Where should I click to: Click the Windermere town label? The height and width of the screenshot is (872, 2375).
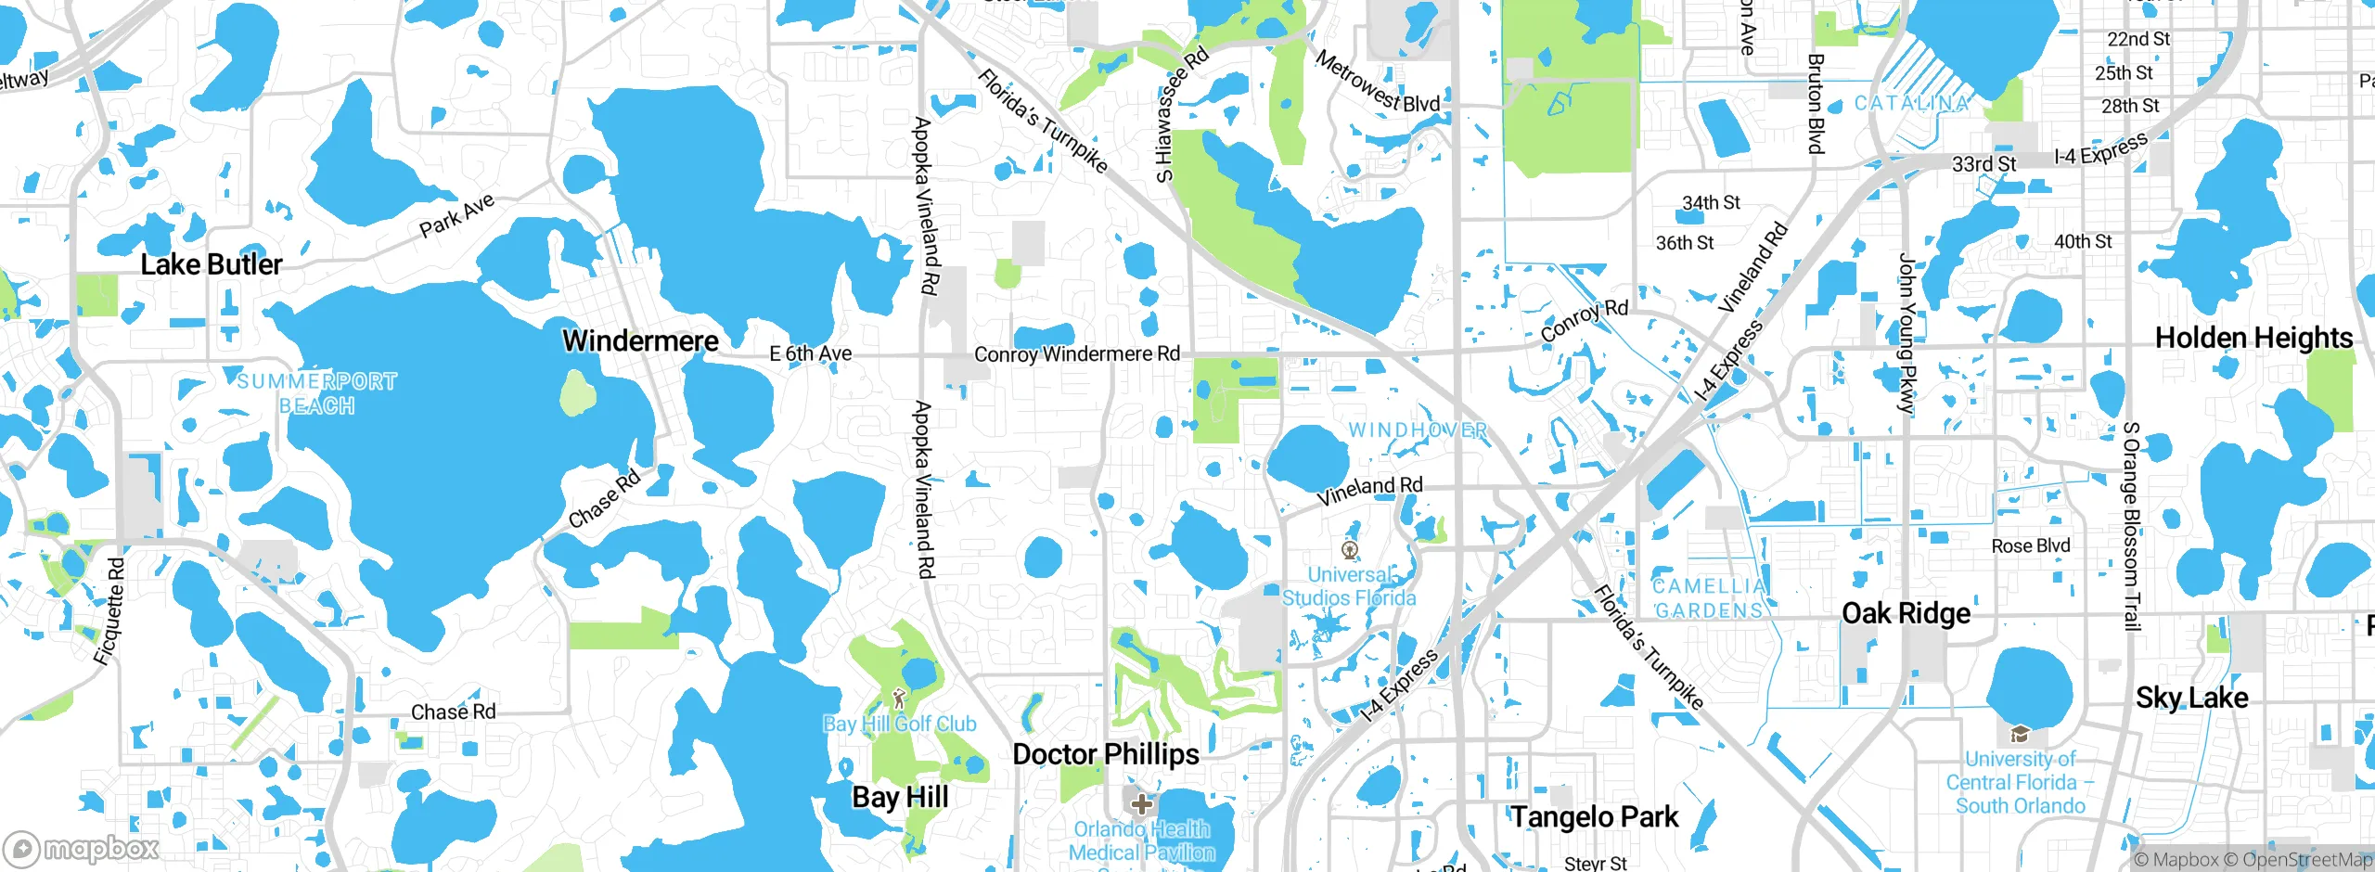(x=640, y=340)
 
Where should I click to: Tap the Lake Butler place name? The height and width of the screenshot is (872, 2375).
(x=212, y=264)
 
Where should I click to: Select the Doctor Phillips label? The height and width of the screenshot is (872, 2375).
(x=1106, y=754)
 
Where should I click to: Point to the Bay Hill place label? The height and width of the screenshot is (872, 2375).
(x=900, y=797)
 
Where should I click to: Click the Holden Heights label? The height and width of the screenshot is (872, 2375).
(x=2253, y=338)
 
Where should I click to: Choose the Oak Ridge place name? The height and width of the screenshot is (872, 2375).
(x=1906, y=613)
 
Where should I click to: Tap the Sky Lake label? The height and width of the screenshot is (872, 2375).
(x=2191, y=698)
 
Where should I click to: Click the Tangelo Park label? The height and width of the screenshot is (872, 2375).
(x=1595, y=817)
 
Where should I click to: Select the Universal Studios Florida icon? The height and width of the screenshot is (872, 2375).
(x=1350, y=550)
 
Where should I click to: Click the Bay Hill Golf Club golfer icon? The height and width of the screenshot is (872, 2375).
(x=898, y=699)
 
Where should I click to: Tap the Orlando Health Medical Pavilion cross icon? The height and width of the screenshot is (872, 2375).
(x=1142, y=803)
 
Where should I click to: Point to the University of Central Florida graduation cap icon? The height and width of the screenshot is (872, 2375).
(x=2019, y=735)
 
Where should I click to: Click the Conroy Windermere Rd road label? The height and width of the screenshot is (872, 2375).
(x=1077, y=353)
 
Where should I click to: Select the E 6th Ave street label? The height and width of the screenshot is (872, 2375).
(x=811, y=353)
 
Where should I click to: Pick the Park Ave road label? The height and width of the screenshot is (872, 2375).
(x=456, y=215)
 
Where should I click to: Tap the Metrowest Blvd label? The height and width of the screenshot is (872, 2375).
(x=1378, y=82)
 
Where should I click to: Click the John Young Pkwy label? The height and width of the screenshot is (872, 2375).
(x=1906, y=333)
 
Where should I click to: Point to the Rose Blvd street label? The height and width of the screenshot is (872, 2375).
(x=2031, y=545)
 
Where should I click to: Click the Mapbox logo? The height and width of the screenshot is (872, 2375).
(x=82, y=848)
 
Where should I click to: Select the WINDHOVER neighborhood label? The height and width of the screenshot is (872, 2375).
(x=1418, y=430)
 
